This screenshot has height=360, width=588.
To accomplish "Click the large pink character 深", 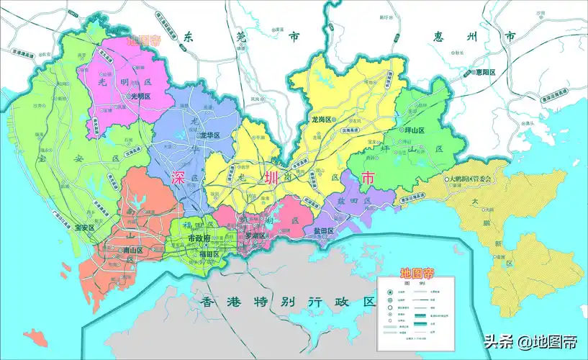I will point(178,178).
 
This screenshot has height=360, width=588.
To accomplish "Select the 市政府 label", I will point(199,238).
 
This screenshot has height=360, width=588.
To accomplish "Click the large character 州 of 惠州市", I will point(476,36).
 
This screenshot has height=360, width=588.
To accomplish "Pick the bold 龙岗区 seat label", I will point(321,120).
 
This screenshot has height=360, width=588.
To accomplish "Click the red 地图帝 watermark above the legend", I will point(417,273).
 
